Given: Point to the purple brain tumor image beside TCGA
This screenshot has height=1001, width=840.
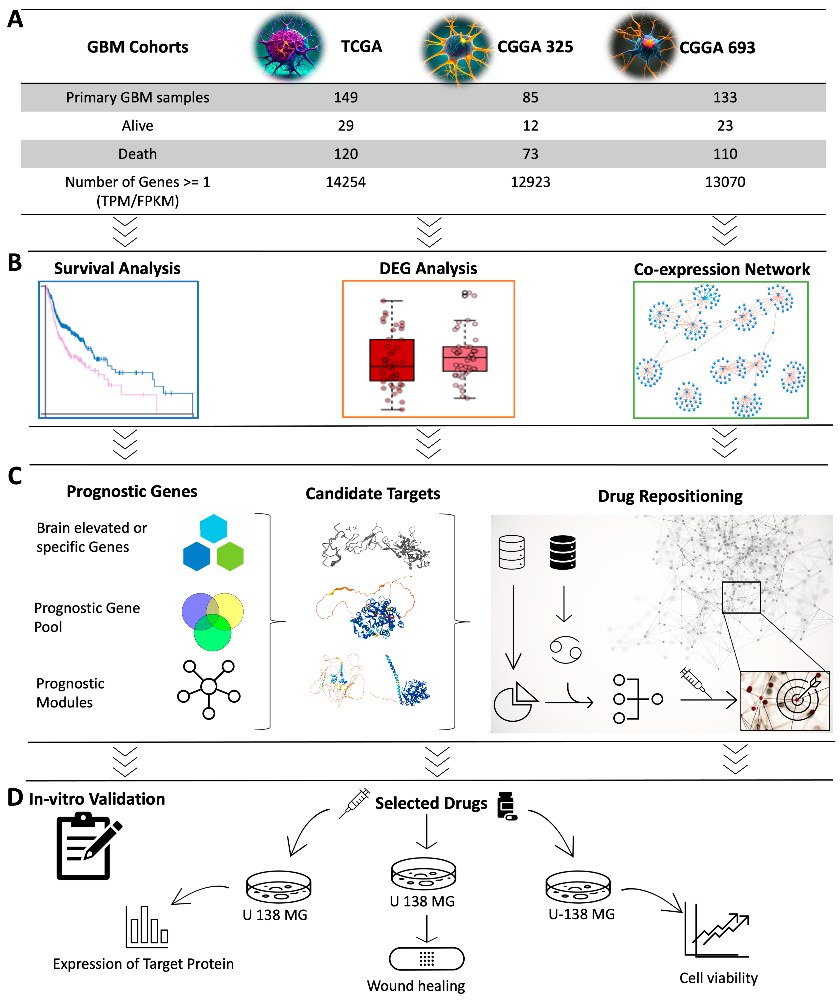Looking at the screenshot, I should pos(289,47).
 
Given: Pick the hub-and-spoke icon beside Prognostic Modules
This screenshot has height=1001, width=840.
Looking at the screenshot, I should pos(208,687).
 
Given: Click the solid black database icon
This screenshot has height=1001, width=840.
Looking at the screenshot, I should pos(563,552).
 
